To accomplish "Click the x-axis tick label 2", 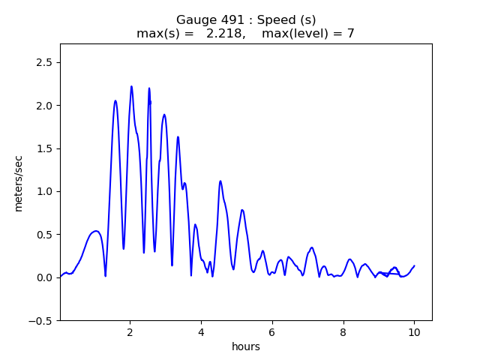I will (x=130, y=332).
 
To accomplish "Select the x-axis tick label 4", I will (x=201, y=332).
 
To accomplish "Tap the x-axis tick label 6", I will (x=272, y=332).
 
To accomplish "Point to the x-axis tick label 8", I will (x=343, y=332).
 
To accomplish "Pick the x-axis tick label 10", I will (x=414, y=332).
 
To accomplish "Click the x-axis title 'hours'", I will (x=246, y=346).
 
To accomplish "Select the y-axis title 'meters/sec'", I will (x=18, y=182).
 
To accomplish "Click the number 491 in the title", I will (x=228, y=20).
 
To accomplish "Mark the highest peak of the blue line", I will (x=131, y=86).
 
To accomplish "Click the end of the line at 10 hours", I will (x=414, y=265).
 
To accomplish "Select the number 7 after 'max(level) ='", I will (x=350, y=33).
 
